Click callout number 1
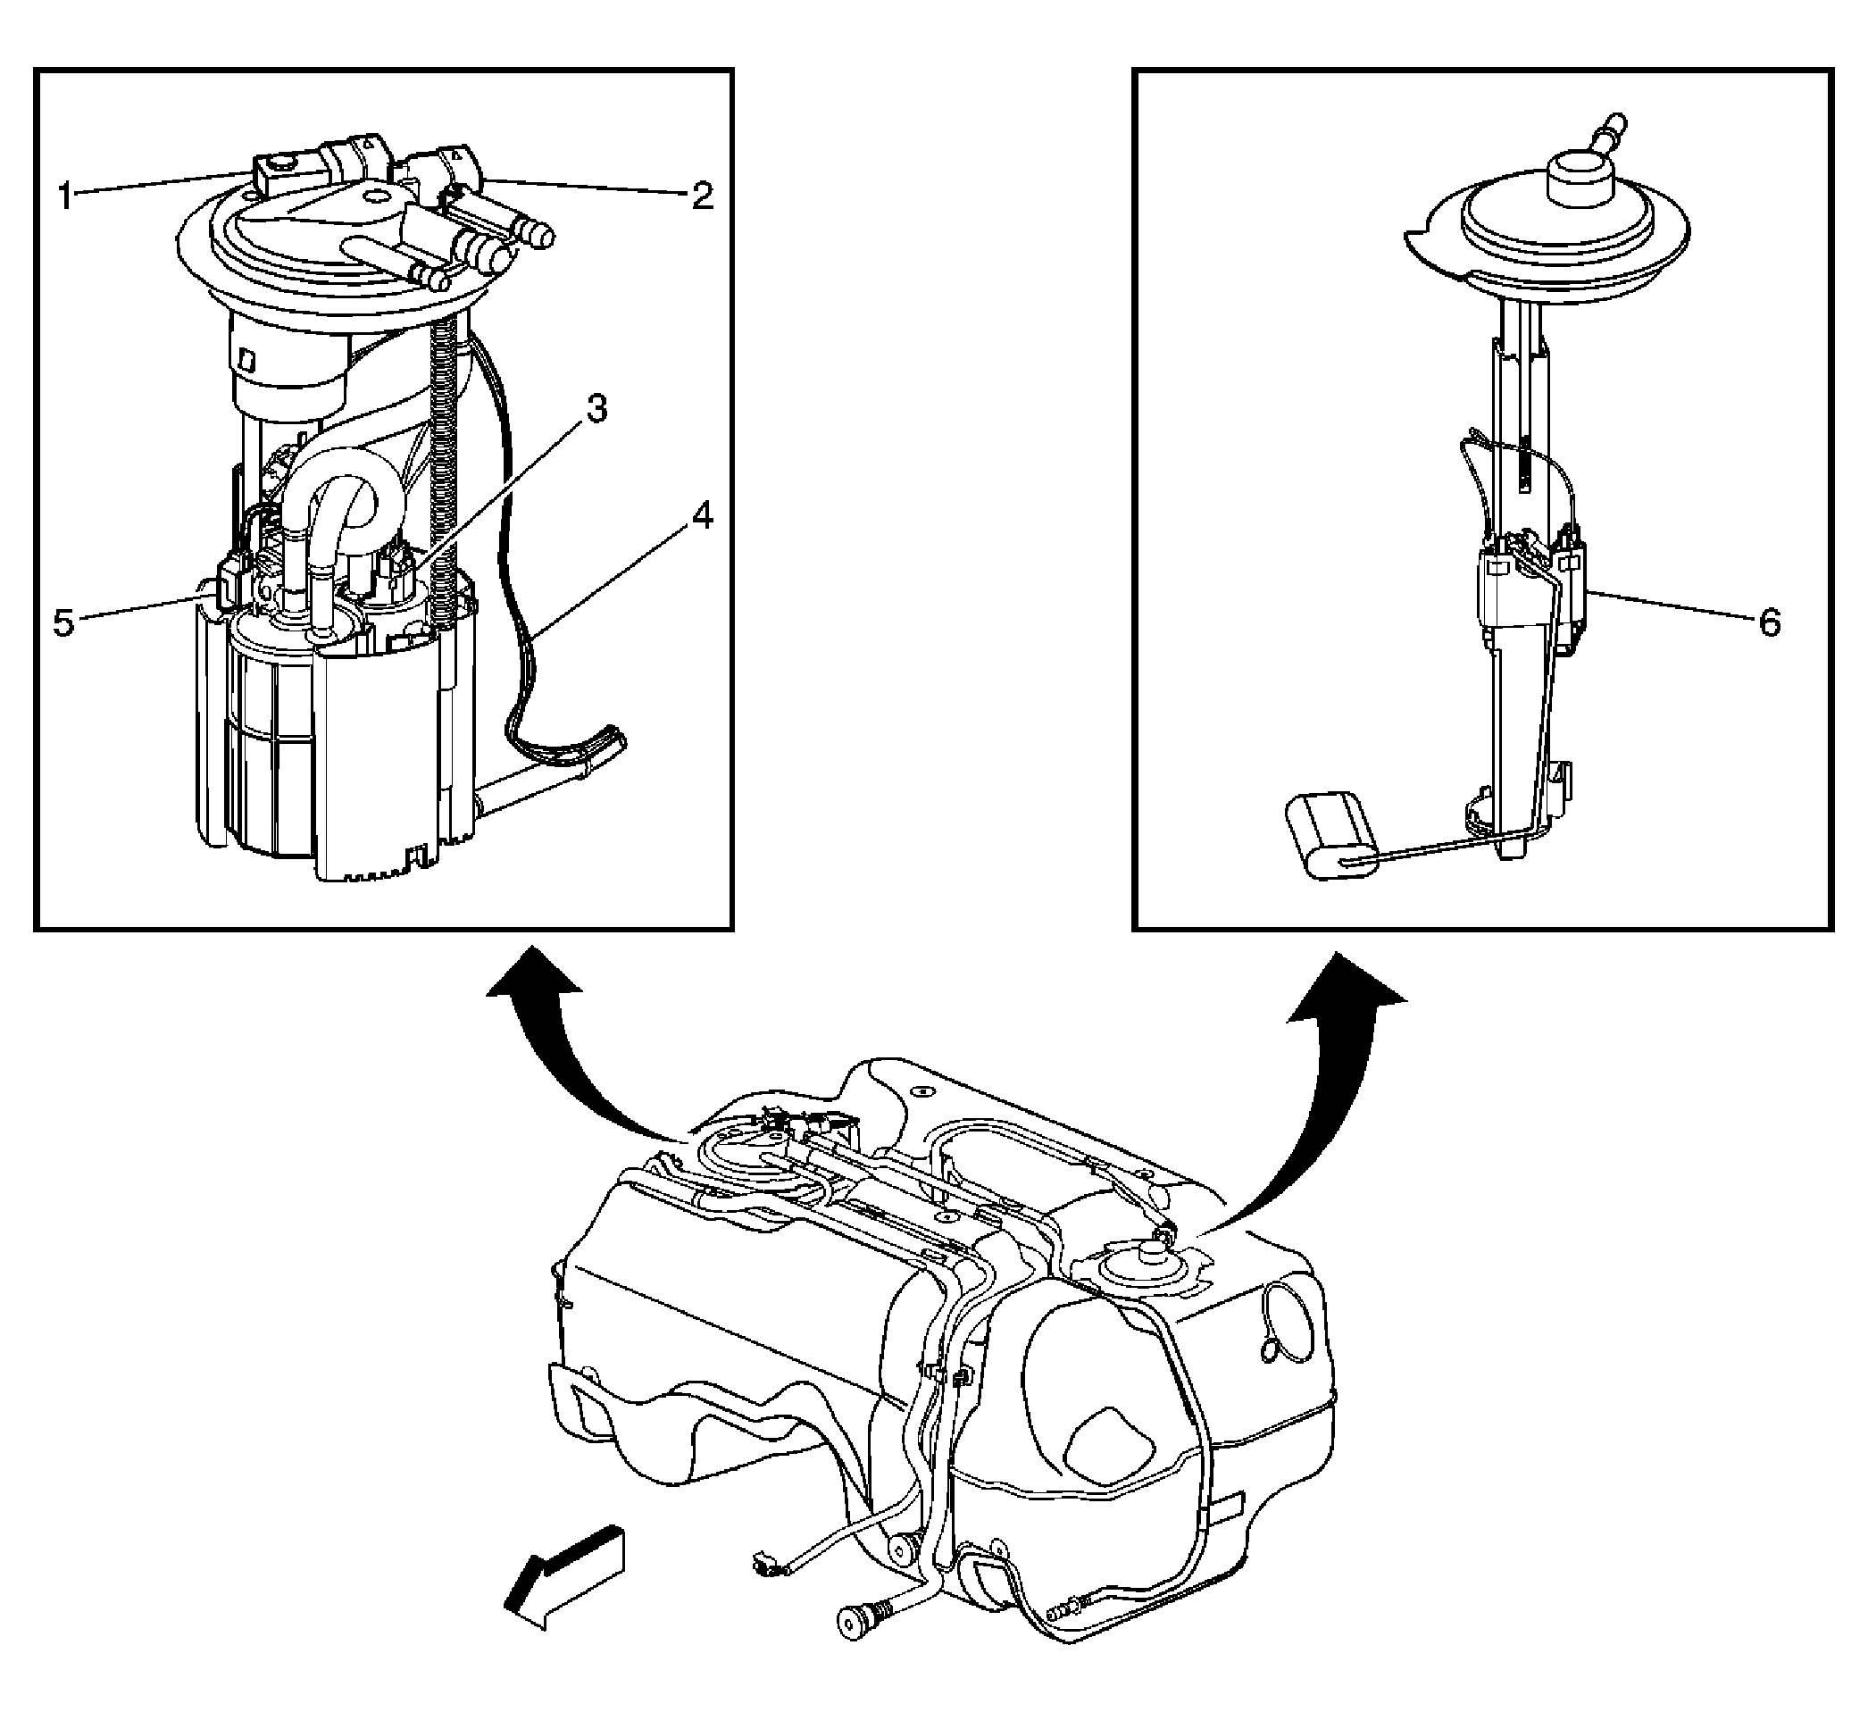point(65,196)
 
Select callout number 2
point(703,196)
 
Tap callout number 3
point(596,409)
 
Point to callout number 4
point(703,516)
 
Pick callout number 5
point(63,622)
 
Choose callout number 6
point(1770,622)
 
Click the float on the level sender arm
point(1328,834)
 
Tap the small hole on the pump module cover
point(375,196)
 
